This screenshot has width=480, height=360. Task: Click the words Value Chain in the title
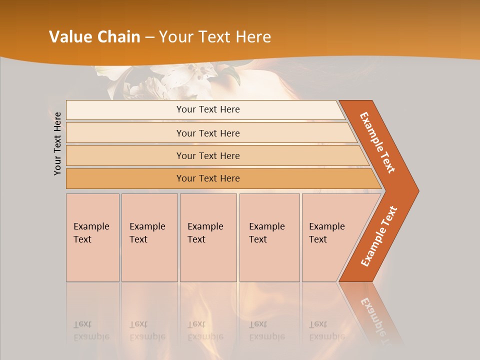(94, 37)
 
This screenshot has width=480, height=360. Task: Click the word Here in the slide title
(253, 37)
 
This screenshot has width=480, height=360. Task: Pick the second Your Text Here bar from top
(208, 133)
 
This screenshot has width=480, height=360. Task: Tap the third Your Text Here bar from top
(208, 155)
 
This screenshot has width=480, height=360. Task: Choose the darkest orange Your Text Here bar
(208, 178)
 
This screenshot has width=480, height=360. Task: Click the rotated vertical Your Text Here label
(57, 143)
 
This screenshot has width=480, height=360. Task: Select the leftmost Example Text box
(92, 237)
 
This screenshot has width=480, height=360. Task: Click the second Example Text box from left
(149, 237)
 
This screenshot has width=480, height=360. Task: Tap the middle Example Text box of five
(208, 237)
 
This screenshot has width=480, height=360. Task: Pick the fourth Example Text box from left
(269, 237)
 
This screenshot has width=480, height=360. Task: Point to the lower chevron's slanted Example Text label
(379, 236)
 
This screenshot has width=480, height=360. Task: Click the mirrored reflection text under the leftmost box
(91, 330)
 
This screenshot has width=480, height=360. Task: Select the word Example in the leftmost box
(91, 226)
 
